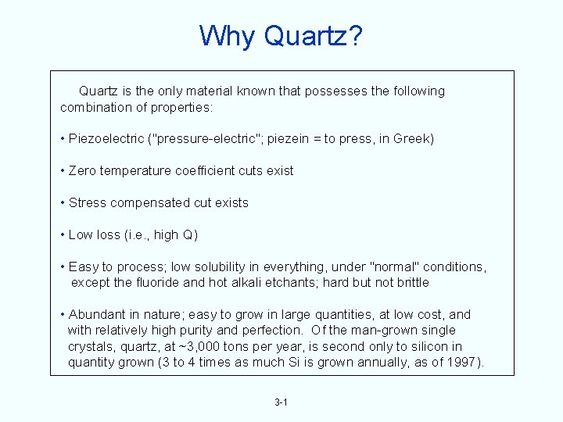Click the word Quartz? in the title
pos(314,36)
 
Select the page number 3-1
pos(281,402)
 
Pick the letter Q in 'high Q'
pos(188,235)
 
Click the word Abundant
pos(98,314)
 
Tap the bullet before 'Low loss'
pos(62,235)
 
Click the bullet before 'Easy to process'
pos(62,266)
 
